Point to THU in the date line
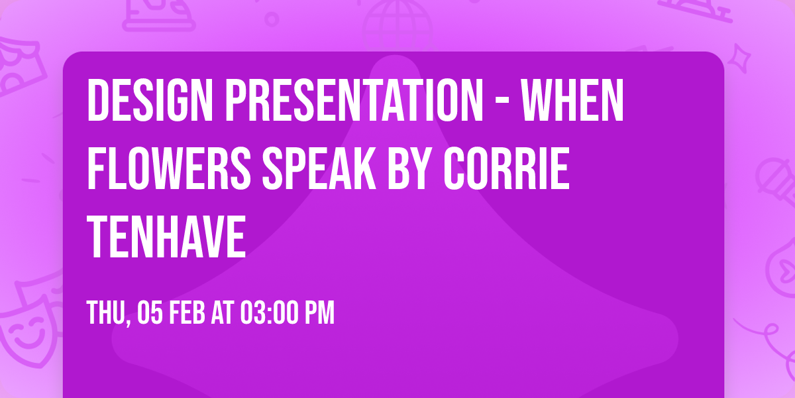[107, 313]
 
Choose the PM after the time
[319, 313]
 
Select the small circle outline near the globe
[272, 18]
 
